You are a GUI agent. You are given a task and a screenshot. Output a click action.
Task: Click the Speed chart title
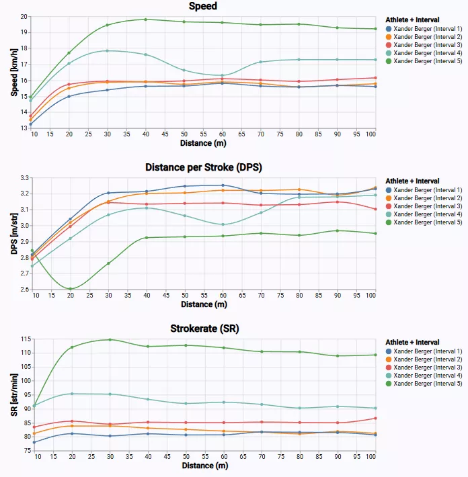(203, 6)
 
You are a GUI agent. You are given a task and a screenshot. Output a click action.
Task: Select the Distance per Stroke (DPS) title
(203, 167)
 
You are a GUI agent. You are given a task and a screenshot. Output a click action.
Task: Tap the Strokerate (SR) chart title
(204, 329)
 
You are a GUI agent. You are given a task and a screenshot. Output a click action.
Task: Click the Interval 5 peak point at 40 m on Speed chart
(145, 19)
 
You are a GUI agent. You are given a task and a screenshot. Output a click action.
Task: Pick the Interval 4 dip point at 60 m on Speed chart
(223, 75)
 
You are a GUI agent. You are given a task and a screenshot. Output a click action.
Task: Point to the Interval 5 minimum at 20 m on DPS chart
(71, 289)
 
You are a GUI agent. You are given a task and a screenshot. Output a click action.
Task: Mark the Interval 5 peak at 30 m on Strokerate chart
(110, 340)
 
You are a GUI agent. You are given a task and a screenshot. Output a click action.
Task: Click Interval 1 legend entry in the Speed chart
(424, 29)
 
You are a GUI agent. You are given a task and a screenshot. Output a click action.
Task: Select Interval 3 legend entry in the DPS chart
(424, 206)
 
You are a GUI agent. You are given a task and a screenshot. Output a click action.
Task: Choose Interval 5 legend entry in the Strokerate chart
(424, 384)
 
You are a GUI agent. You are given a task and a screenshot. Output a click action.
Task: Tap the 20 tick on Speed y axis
(24, 17)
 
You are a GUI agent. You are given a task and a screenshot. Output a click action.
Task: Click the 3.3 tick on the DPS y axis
(24, 178)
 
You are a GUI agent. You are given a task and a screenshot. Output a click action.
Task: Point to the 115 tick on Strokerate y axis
(26, 339)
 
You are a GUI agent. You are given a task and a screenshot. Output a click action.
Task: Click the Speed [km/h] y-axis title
(14, 73)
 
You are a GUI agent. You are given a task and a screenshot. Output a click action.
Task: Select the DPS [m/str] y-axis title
(14, 234)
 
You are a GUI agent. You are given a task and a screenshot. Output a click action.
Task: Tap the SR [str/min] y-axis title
(14, 395)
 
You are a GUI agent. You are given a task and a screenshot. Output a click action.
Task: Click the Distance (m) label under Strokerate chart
(205, 466)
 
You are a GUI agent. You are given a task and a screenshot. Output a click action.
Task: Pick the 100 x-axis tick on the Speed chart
(370, 134)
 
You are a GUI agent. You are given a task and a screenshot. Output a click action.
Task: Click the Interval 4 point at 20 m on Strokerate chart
(72, 394)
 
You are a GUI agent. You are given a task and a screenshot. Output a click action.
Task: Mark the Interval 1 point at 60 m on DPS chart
(223, 185)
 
